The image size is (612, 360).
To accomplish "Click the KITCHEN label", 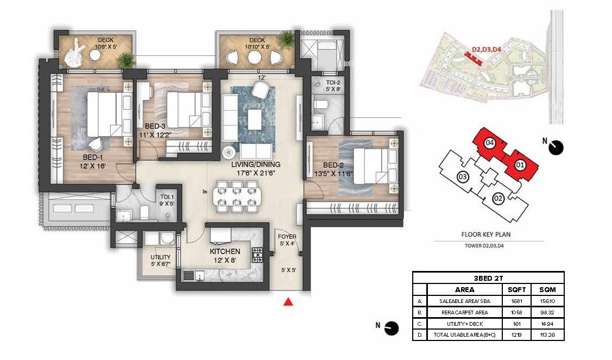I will pyautogui.click(x=225, y=251).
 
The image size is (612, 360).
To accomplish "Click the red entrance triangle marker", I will pyautogui.click(x=289, y=302).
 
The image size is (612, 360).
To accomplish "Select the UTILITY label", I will pyautogui.click(x=160, y=257).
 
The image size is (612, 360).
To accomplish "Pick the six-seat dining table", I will pyautogui.click(x=236, y=196).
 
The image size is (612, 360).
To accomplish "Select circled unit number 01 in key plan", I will pyautogui.click(x=519, y=163).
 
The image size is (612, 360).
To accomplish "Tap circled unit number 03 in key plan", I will pyautogui.click(x=463, y=176).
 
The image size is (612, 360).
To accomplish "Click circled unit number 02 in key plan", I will pyautogui.click(x=497, y=199).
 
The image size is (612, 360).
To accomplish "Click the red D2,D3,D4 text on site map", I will pyautogui.click(x=485, y=49).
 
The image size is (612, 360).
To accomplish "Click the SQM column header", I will pyautogui.click(x=547, y=289).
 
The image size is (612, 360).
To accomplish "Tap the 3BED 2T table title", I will pyautogui.click(x=488, y=277).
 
